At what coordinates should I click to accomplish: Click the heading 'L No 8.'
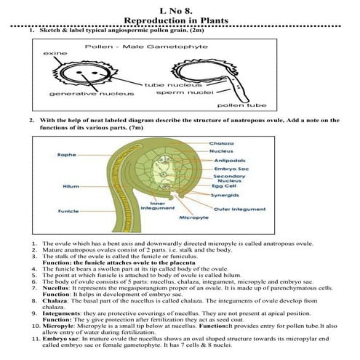click(x=180, y=7)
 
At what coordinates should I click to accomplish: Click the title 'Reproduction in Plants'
click(x=180, y=17)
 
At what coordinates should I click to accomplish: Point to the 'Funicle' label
click(x=68, y=211)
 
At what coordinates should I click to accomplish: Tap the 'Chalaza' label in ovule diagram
click(x=222, y=143)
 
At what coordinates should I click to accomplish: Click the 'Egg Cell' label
click(x=225, y=185)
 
